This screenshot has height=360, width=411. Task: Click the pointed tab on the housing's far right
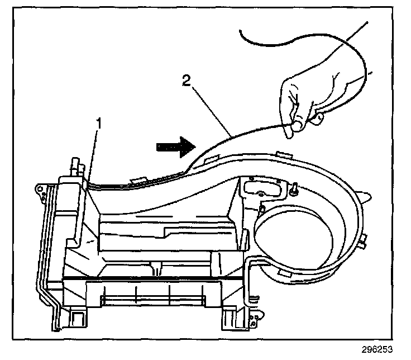366,196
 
